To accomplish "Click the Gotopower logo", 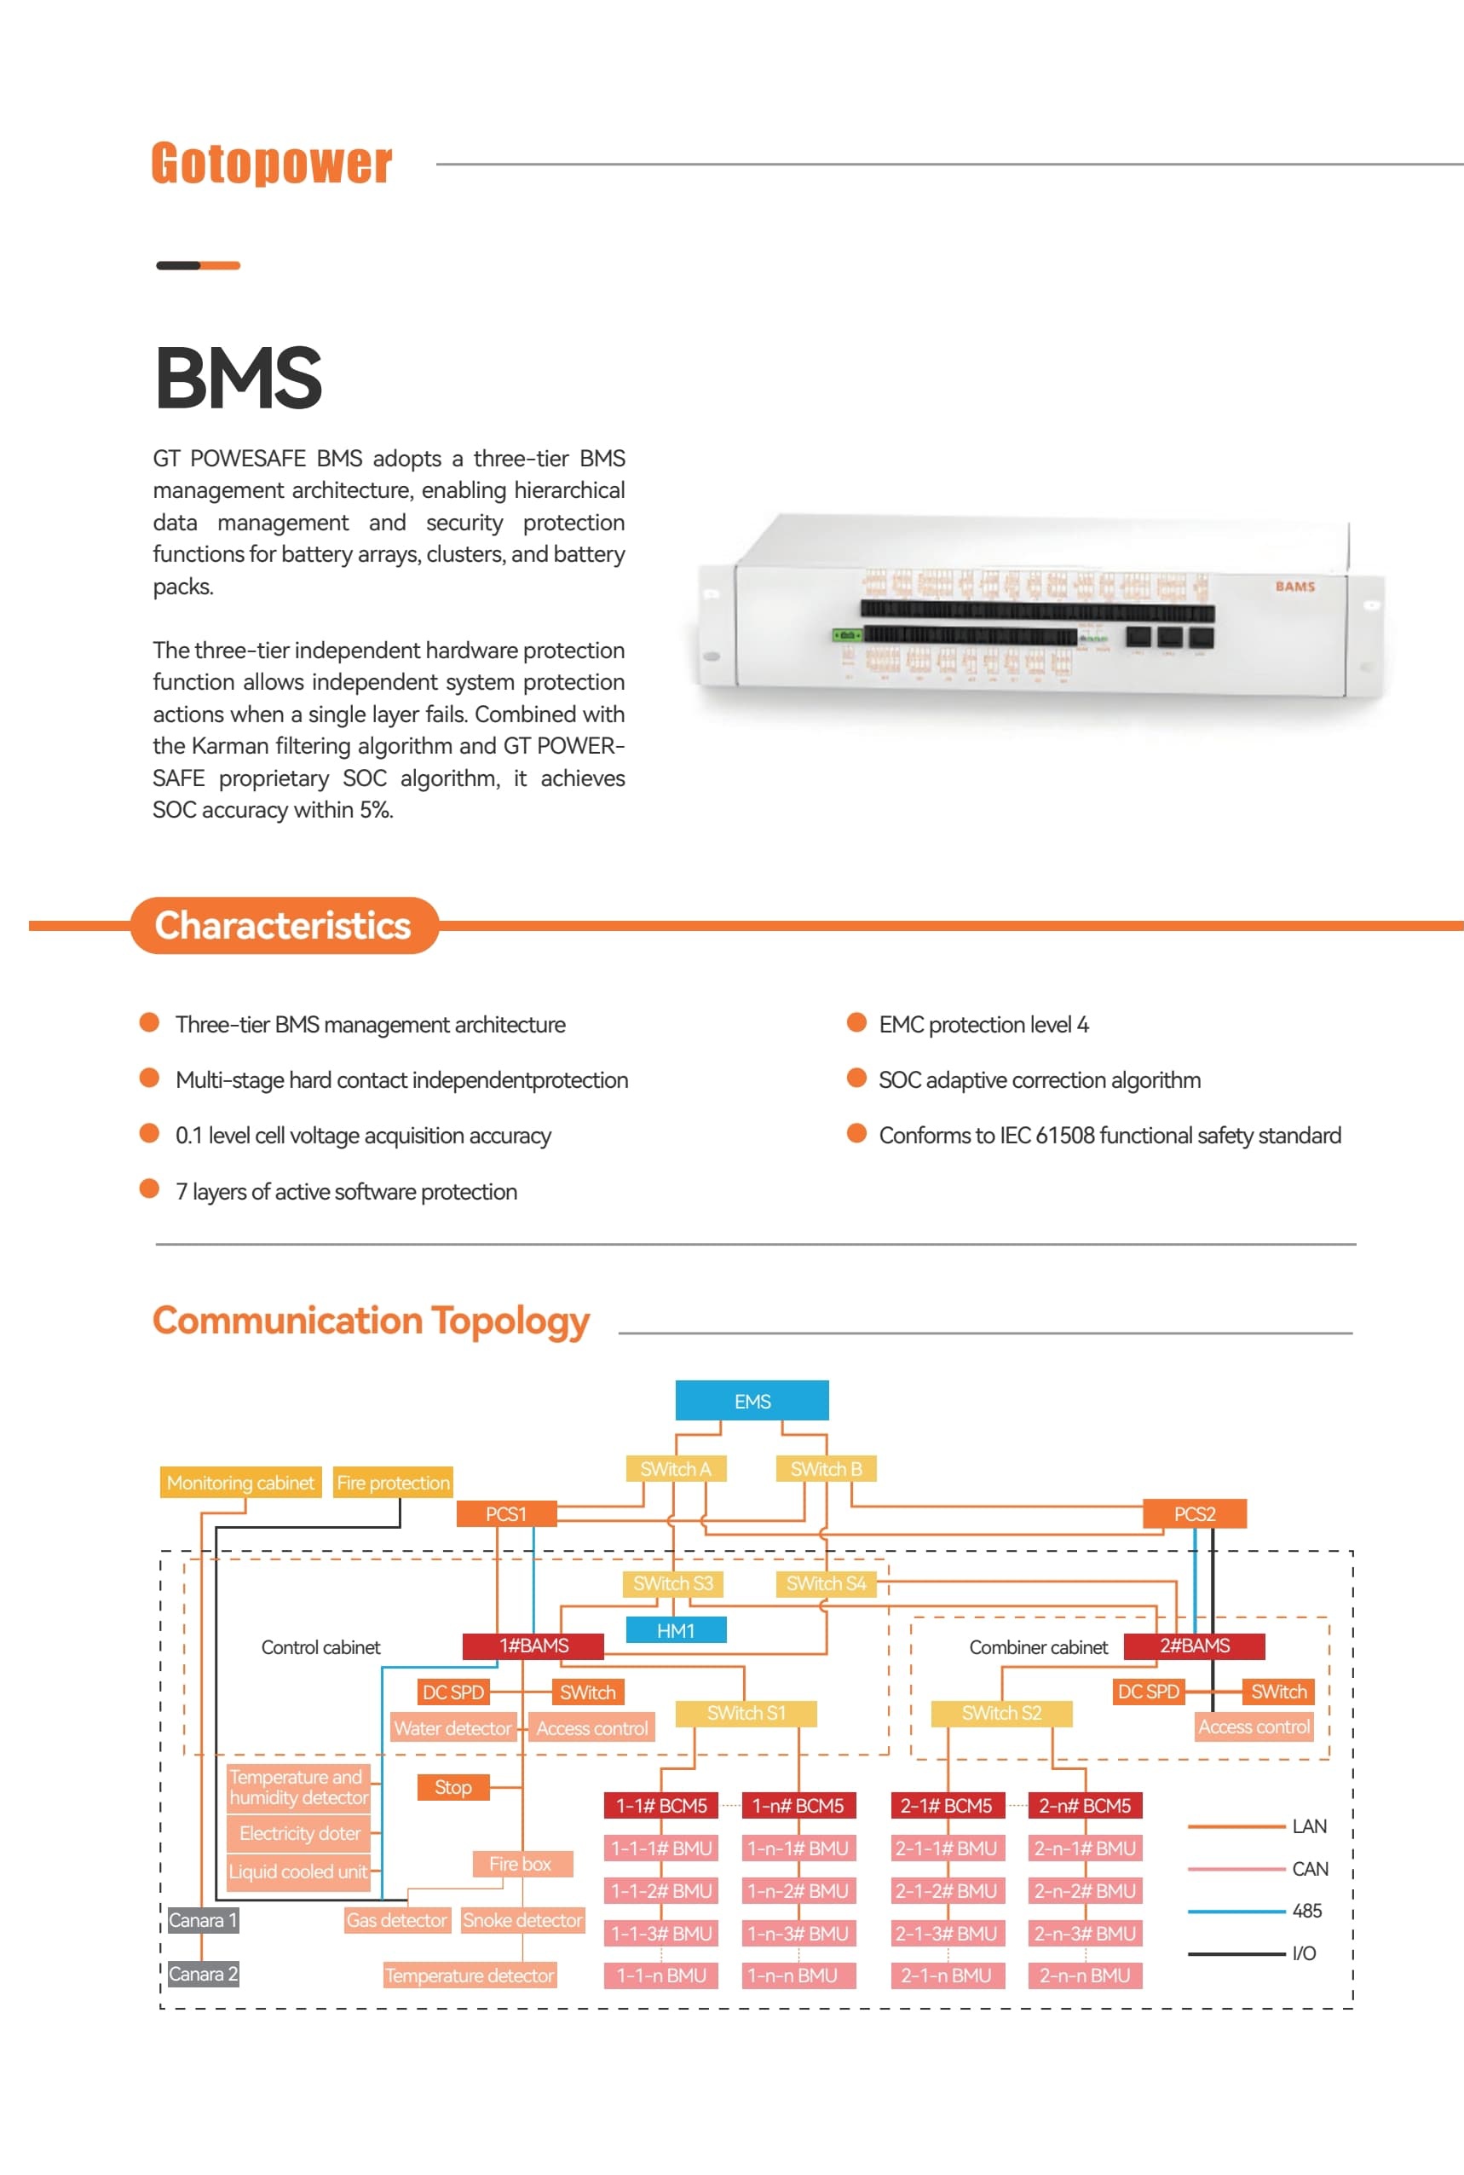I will point(271,164).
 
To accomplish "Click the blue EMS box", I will point(752,1401).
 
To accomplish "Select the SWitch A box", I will point(675,1469).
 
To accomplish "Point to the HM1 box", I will point(675,1630).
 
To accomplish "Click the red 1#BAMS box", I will point(533,1646).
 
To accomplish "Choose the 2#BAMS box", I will point(1194,1646).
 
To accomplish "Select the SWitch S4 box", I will point(826,1583).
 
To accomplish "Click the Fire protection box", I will point(393,1482).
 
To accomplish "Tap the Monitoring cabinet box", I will point(240,1482).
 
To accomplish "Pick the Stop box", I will point(452,1786).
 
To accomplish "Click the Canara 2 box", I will point(203,1973).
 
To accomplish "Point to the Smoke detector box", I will point(522,1919).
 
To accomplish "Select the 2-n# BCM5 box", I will point(1084,1805).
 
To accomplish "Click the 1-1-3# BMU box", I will point(661,1932).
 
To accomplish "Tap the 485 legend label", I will point(1306,1911).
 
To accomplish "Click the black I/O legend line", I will point(1236,1952).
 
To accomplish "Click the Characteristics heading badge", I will point(284,925).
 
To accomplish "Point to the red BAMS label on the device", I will point(1294,587).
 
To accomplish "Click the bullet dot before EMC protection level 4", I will point(856,1022).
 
